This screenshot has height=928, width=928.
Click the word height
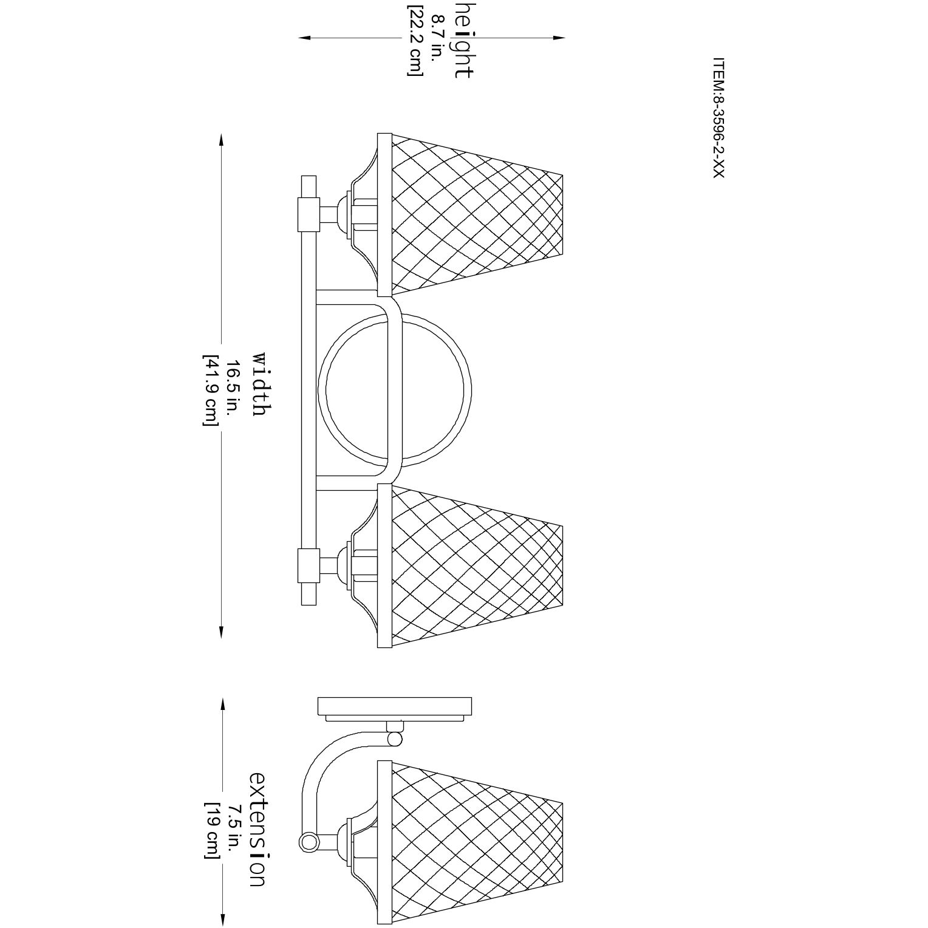click(463, 39)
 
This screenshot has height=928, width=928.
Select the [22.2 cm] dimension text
click(415, 40)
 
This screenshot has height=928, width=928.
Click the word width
click(258, 383)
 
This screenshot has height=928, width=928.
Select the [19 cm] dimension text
click(211, 830)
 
